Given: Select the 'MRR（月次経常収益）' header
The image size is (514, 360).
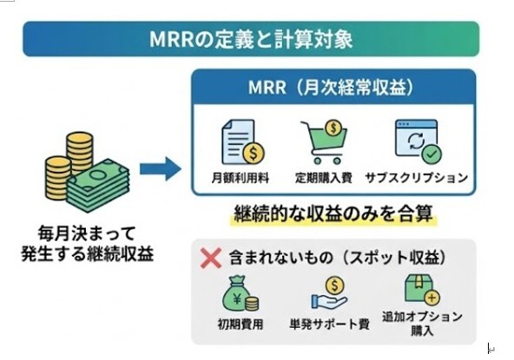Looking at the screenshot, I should coord(332,88).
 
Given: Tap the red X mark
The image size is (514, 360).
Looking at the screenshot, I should coord(208,258).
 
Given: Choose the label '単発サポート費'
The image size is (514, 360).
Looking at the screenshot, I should coord(329,324).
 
